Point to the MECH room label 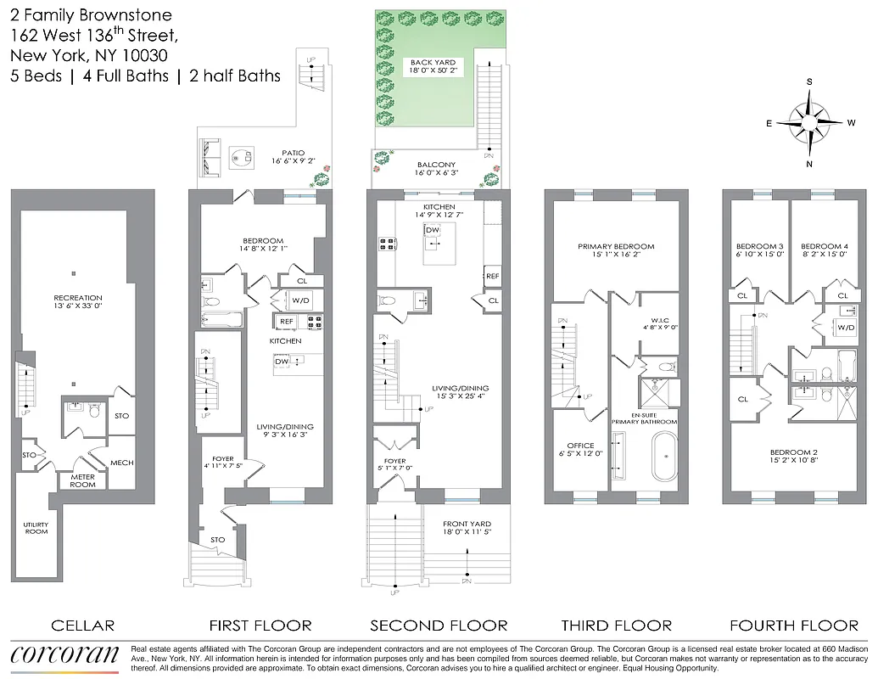[121, 463]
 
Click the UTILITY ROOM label [36, 528]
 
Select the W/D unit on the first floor [300, 300]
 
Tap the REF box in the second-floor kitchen [492, 276]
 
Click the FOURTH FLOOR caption [795, 626]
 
